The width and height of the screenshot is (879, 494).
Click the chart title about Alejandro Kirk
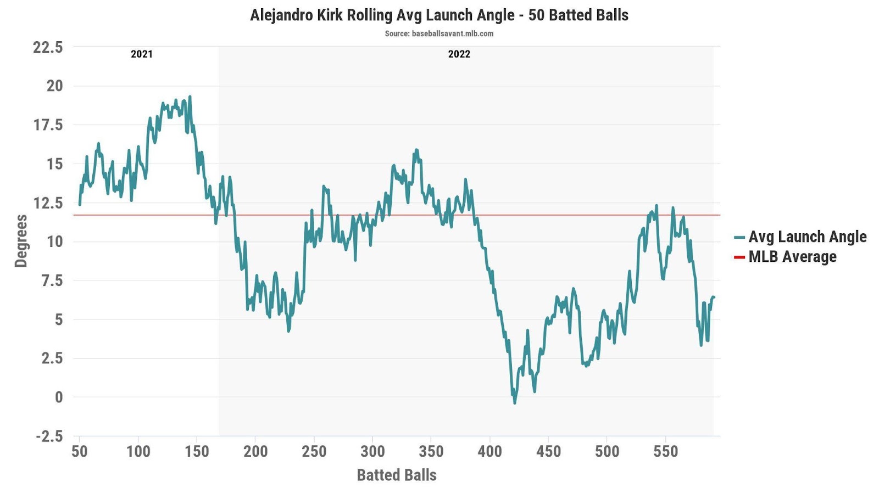[439, 15]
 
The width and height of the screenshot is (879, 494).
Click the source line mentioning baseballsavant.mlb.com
[439, 33]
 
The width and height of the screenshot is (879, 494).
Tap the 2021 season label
[142, 54]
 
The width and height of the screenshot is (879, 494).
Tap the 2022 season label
[459, 54]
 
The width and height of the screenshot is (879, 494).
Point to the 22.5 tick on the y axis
[48, 47]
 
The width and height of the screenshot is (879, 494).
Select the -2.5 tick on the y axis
[49, 436]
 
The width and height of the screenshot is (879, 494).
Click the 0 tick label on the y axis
[59, 397]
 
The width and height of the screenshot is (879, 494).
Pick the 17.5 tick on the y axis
[48, 125]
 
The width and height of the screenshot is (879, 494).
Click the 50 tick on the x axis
[80, 451]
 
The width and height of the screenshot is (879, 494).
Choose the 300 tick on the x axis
[372, 451]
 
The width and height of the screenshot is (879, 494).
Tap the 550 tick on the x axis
[665, 451]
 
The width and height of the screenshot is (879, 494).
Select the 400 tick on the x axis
[489, 451]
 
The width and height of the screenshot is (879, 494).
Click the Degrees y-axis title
[21, 241]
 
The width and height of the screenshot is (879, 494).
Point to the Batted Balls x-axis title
[397, 475]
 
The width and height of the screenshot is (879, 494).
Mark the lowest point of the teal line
[515, 403]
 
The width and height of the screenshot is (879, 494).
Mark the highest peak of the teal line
[190, 97]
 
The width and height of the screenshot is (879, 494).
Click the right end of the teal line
[714, 297]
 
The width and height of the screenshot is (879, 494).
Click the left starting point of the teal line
[80, 204]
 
